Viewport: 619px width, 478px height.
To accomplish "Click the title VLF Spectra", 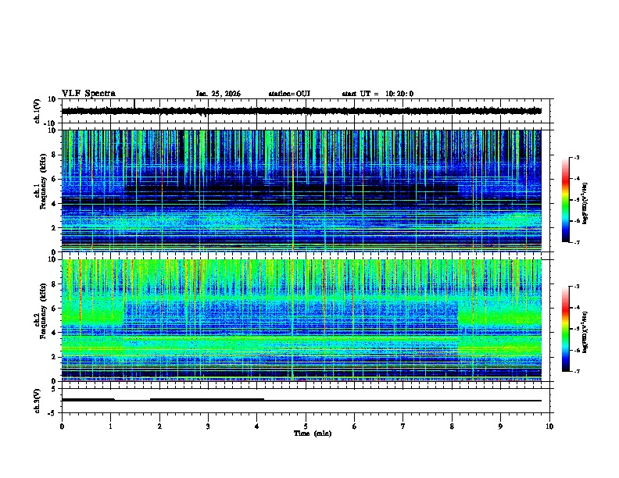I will point(88,94).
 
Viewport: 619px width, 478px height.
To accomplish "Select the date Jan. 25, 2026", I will point(218,94).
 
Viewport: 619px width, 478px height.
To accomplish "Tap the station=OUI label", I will point(289,94).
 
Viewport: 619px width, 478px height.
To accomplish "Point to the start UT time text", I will point(377,94).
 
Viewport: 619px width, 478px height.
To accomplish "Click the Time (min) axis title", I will point(312,433).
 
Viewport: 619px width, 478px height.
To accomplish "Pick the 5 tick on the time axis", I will point(306,426).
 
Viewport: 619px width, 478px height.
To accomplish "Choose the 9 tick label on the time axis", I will point(501,426).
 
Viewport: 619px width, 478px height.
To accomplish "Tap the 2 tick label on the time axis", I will point(159,426).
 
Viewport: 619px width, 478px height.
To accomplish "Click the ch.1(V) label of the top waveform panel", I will point(38,112).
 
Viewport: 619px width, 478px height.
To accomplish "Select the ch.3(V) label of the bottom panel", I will point(38,400).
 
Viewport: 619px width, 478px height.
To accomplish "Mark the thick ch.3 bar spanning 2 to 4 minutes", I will point(206,399).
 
